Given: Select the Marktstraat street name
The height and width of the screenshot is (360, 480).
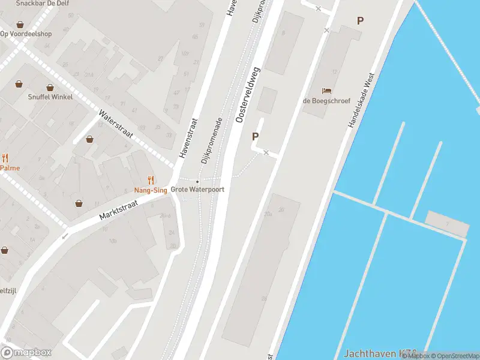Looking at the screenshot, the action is [119, 209].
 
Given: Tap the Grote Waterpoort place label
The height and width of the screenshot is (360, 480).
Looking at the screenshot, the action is [197, 189].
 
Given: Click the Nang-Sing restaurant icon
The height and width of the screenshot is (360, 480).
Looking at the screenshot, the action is [151, 179].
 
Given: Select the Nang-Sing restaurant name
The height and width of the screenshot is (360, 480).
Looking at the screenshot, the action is [151, 190].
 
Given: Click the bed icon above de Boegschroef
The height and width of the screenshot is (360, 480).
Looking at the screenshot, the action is [326, 91].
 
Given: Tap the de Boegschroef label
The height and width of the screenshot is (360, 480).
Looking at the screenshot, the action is [326, 101].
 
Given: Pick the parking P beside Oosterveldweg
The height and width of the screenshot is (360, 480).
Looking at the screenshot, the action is [255, 137].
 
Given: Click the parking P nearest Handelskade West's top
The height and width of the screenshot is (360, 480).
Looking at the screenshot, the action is [360, 20].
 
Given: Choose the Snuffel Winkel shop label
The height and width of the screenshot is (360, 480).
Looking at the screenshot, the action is [50, 97].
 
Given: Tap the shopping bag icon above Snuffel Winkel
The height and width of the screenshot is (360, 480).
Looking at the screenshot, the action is [19, 85].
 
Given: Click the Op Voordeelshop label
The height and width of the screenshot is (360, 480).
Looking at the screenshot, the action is [25, 34].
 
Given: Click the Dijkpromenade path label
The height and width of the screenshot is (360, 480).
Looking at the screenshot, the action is [212, 140].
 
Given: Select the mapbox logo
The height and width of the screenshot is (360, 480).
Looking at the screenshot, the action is [26, 352].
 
